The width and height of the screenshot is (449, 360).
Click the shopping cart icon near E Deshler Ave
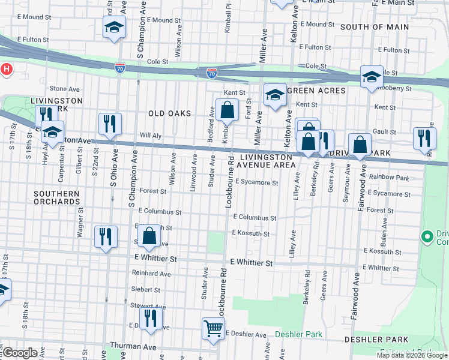coord(213,328)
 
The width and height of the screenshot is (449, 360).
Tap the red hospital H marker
coord(6,69)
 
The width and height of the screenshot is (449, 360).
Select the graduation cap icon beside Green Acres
coord(275,95)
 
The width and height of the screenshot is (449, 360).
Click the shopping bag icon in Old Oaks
coord(228,110)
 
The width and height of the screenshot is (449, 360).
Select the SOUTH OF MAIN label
coord(374,27)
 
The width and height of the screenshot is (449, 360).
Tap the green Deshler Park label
coord(298,334)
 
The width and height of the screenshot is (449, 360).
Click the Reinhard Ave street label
coord(151,274)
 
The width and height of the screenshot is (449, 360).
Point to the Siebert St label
coord(145,289)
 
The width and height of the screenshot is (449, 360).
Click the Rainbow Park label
coord(388,177)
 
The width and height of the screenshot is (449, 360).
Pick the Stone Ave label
coord(61,89)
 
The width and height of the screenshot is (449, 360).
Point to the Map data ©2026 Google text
coord(411,355)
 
